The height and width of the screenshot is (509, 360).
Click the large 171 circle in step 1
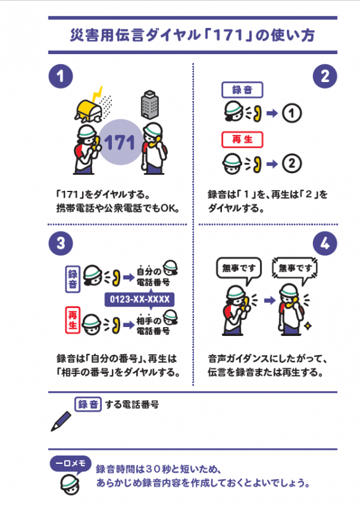coord(121,142)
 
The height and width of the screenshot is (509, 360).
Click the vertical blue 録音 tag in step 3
coord(73,277)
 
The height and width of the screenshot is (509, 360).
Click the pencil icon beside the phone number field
coord(62,421)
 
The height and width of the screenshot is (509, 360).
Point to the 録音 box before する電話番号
coord(88,404)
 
